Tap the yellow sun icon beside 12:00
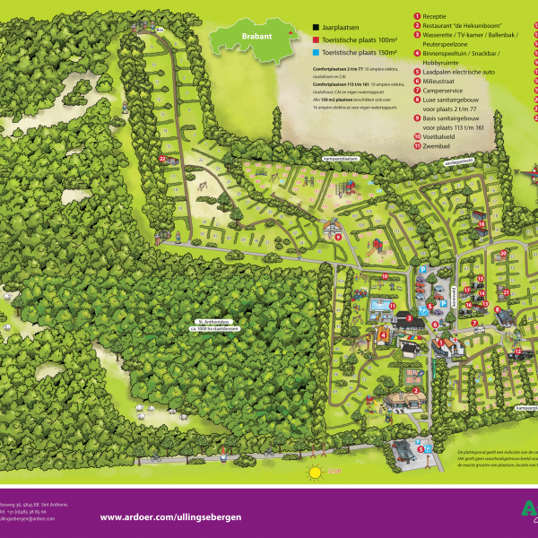(x=314, y=472)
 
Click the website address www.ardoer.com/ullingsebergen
(x=170, y=516)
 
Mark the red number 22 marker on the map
(x=162, y=159)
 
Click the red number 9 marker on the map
(x=337, y=237)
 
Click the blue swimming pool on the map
(x=381, y=307)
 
